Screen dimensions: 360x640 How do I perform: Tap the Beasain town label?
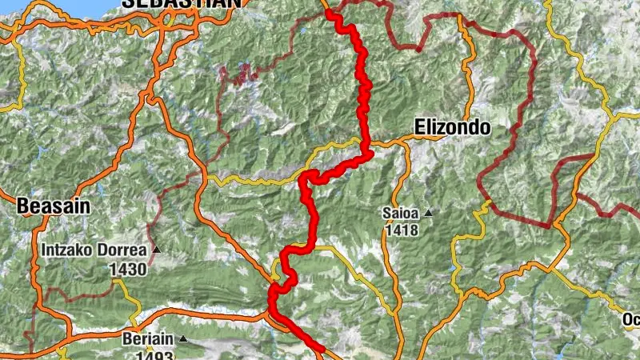(x=53, y=206)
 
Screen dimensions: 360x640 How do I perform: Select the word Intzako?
(x=70, y=250)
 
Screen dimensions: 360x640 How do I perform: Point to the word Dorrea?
(x=123, y=250)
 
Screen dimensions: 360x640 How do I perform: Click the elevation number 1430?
(x=129, y=269)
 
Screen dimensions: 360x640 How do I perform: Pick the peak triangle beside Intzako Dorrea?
(x=157, y=250)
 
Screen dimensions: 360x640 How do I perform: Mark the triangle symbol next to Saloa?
(x=428, y=214)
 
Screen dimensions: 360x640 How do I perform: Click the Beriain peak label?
(x=146, y=339)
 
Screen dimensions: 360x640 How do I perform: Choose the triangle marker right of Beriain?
(x=183, y=339)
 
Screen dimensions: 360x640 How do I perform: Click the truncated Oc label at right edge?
(x=630, y=320)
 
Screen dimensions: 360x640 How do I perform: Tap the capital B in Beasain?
(x=22, y=206)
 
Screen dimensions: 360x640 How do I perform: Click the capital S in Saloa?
(x=386, y=214)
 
